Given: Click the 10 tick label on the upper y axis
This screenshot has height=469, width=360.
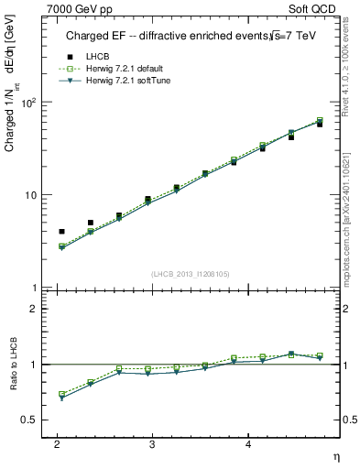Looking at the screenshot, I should [31, 195].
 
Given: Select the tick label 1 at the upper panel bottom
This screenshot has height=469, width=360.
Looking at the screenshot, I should [35, 289].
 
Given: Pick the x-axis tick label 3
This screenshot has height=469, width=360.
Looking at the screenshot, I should [152, 443].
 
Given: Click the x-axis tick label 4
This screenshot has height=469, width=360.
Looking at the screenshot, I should [248, 443].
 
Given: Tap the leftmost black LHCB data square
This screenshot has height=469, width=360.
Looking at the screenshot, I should [61, 232].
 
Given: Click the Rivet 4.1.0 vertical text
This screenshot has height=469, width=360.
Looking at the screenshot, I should [352, 82].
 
